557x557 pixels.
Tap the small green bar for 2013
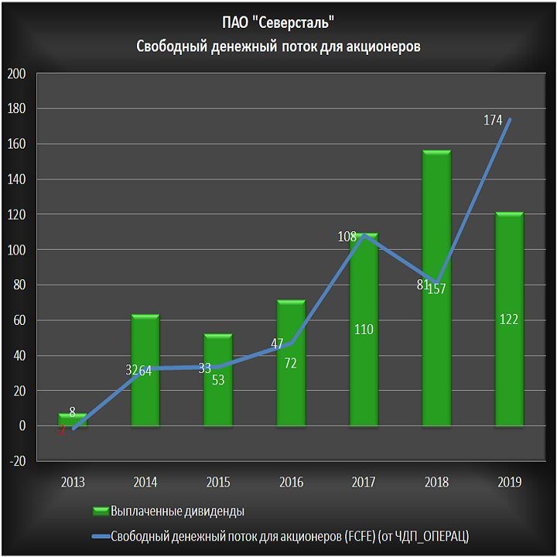73,420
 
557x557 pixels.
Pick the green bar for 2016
291,387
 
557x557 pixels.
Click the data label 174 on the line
493,121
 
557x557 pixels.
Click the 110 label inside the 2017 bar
364,330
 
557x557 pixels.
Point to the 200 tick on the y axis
16,74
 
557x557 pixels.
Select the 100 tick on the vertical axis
16,251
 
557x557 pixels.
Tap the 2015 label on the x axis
218,482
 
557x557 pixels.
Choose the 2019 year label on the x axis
509,482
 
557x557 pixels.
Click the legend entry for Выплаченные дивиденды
178,511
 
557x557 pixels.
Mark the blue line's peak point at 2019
510,119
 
